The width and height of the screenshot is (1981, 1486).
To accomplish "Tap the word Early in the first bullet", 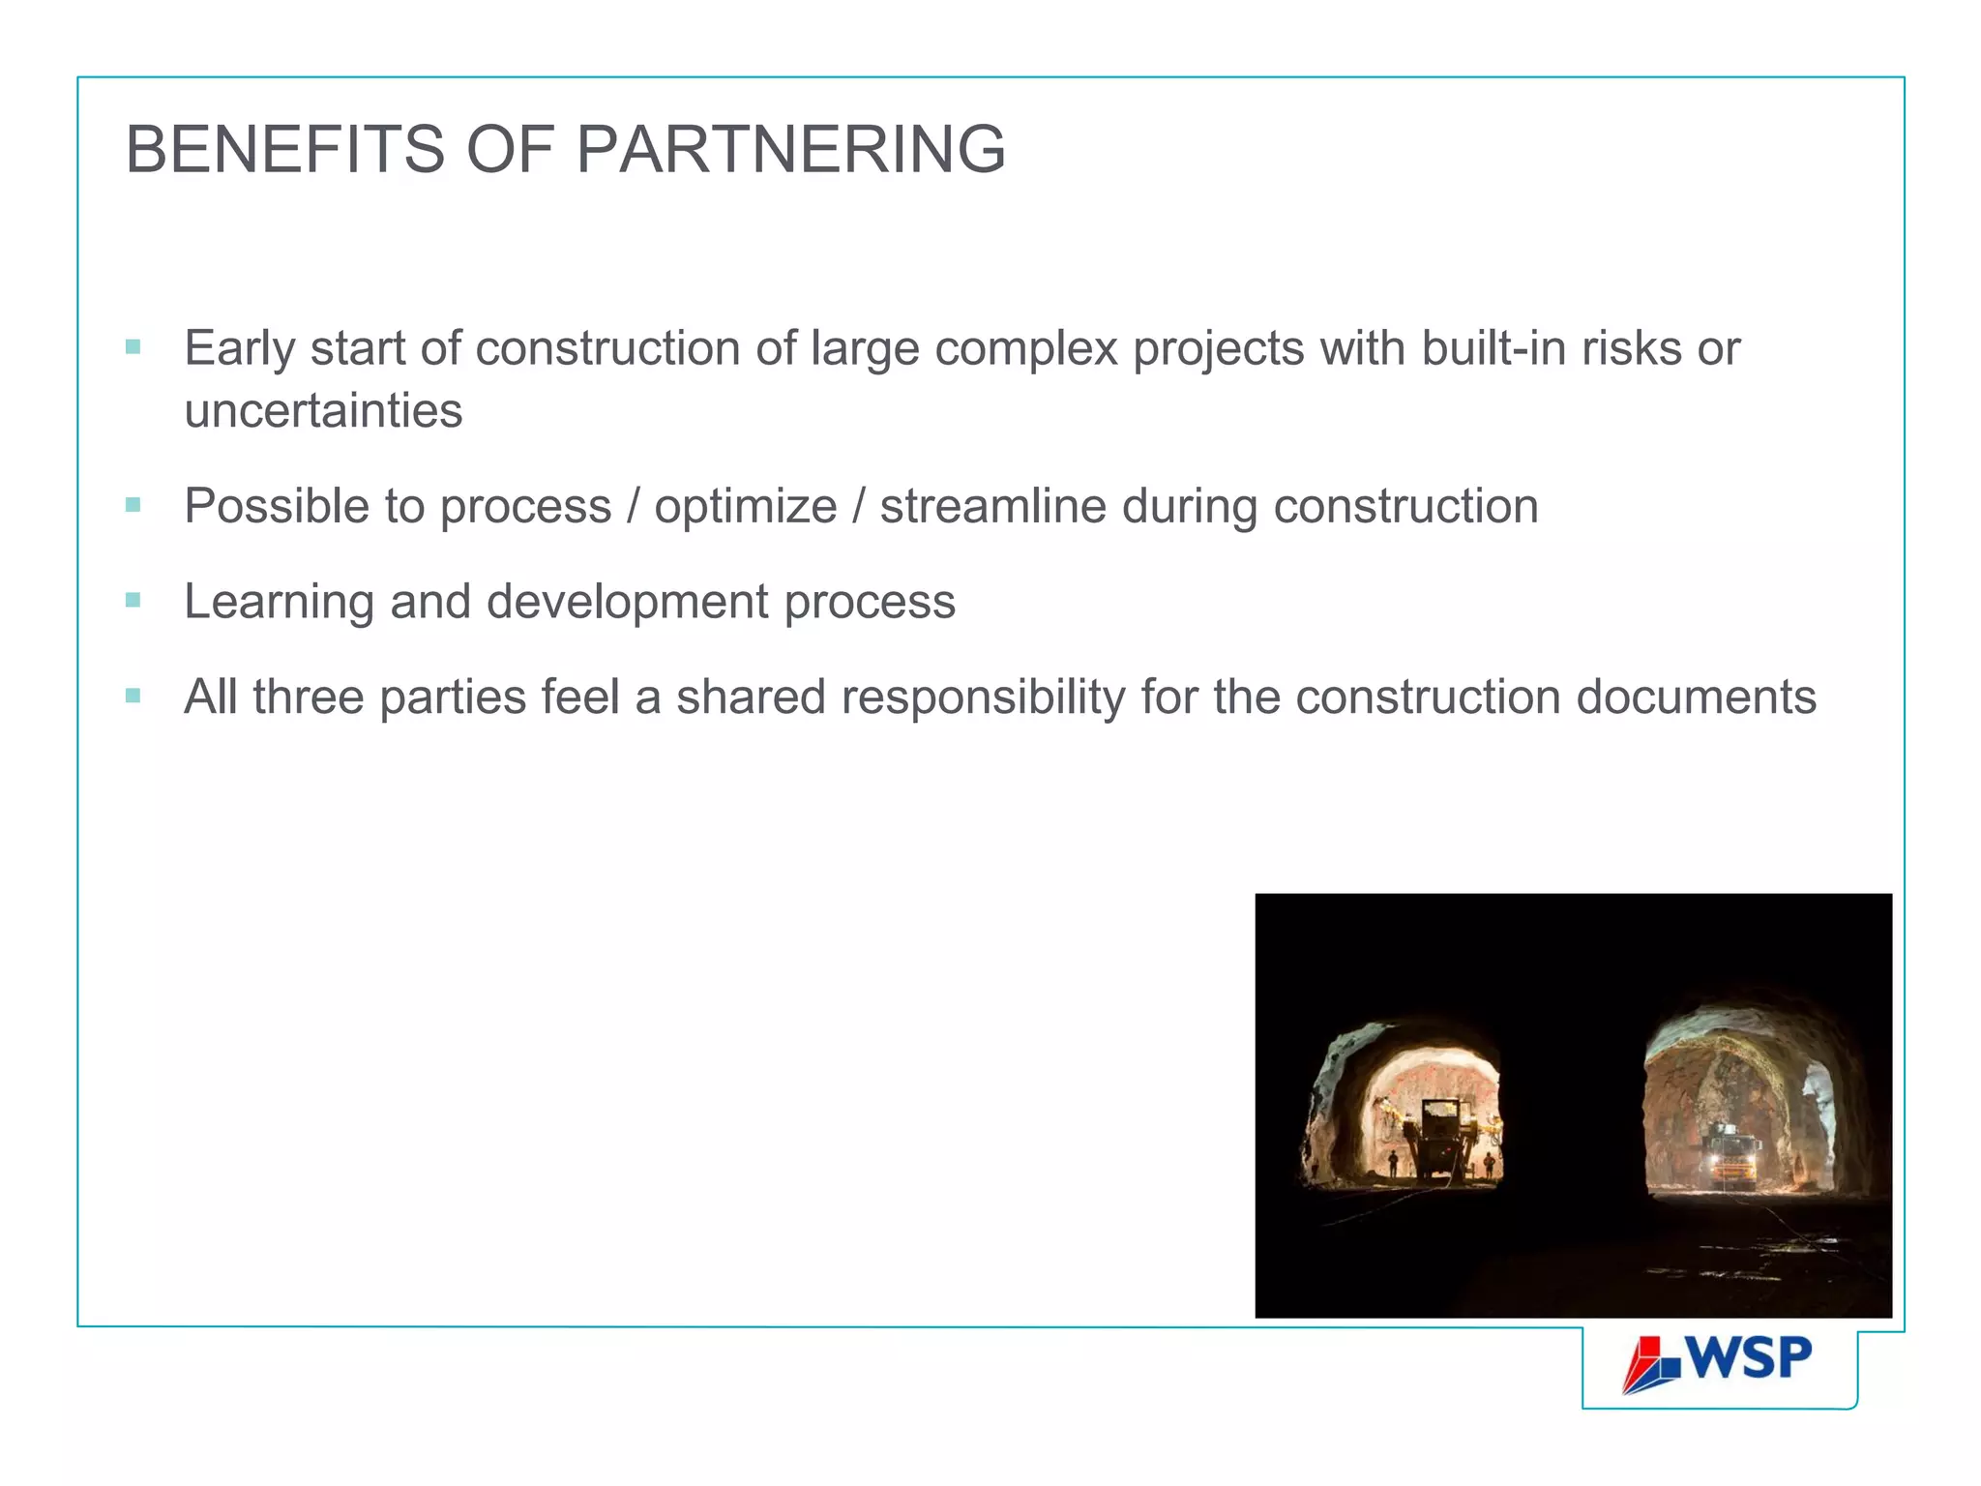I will pyautogui.click(x=239, y=349).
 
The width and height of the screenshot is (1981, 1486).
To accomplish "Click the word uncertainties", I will pyautogui.click(x=323, y=411).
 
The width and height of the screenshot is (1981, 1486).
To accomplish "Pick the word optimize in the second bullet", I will pyautogui.click(x=745, y=507).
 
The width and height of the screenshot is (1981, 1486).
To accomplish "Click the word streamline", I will pyautogui.click(x=992, y=507).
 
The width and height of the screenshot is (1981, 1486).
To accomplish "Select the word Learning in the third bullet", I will pyautogui.click(x=279, y=602).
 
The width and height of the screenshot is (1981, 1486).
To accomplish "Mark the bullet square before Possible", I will pyautogui.click(x=133, y=504).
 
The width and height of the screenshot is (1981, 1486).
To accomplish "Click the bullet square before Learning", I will pyautogui.click(x=133, y=600).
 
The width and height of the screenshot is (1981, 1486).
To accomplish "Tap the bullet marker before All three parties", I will pyautogui.click(x=133, y=696).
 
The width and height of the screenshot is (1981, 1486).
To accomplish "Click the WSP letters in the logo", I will pyautogui.click(x=1750, y=1358).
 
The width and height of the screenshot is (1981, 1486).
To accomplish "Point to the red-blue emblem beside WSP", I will pyautogui.click(x=1652, y=1364).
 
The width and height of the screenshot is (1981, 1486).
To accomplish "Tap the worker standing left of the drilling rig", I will pyautogui.click(x=1393, y=1164).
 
